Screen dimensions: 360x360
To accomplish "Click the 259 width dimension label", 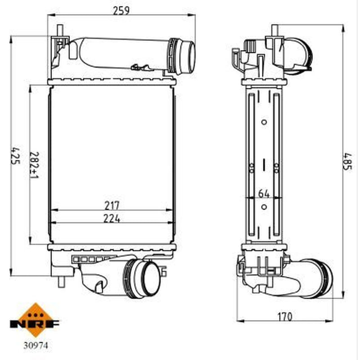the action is pyautogui.click(x=121, y=10).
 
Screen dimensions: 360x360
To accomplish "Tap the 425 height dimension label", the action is pyautogui.click(x=16, y=155).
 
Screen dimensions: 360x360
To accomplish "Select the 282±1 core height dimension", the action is pyautogui.click(x=35, y=165).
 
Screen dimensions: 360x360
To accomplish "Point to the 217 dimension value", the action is pyautogui.click(x=112, y=206).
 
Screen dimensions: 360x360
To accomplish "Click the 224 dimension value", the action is pyautogui.click(x=112, y=218).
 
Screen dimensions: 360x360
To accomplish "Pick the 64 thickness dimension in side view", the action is pyautogui.click(x=264, y=193).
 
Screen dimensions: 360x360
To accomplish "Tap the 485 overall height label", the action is pyautogui.click(x=347, y=161).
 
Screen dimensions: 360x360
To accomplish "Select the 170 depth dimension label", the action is pyautogui.click(x=285, y=317).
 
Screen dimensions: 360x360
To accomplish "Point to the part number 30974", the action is pyautogui.click(x=36, y=345).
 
